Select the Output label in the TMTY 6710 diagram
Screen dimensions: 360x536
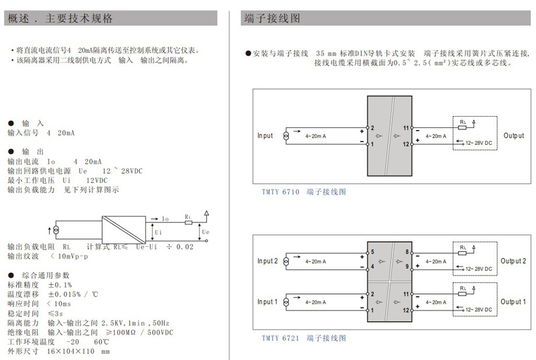(514, 135)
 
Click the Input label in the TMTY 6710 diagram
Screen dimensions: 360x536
(265, 135)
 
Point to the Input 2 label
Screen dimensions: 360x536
(267, 261)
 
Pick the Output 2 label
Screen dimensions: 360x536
(514, 261)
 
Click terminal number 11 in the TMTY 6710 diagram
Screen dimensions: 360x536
(405, 127)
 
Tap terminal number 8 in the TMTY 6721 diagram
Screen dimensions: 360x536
(406, 252)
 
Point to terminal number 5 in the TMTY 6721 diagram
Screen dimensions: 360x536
(372, 252)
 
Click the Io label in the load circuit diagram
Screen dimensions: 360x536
(165, 219)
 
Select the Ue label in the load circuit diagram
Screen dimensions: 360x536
(206, 232)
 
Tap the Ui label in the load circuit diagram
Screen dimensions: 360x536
(159, 232)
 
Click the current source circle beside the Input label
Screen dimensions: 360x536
(287, 136)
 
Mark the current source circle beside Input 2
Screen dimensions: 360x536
(287, 261)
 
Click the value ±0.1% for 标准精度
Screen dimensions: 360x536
(60, 285)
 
